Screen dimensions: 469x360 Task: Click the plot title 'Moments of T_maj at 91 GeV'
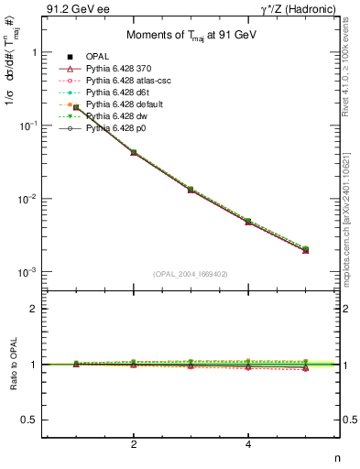coord(180,34)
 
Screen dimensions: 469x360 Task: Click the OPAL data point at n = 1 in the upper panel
coord(77,107)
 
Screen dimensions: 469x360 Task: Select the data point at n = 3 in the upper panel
coord(191,189)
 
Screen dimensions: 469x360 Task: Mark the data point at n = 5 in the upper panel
coord(305,249)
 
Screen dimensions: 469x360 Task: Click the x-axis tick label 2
coord(134,444)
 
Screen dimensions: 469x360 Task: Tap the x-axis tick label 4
coord(248,444)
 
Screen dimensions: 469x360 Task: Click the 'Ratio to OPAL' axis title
coord(11,364)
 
